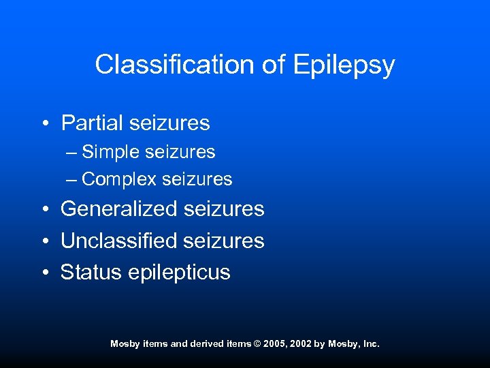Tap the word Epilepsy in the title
(x=344, y=65)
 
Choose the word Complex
(x=120, y=180)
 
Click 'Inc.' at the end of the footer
(x=371, y=344)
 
